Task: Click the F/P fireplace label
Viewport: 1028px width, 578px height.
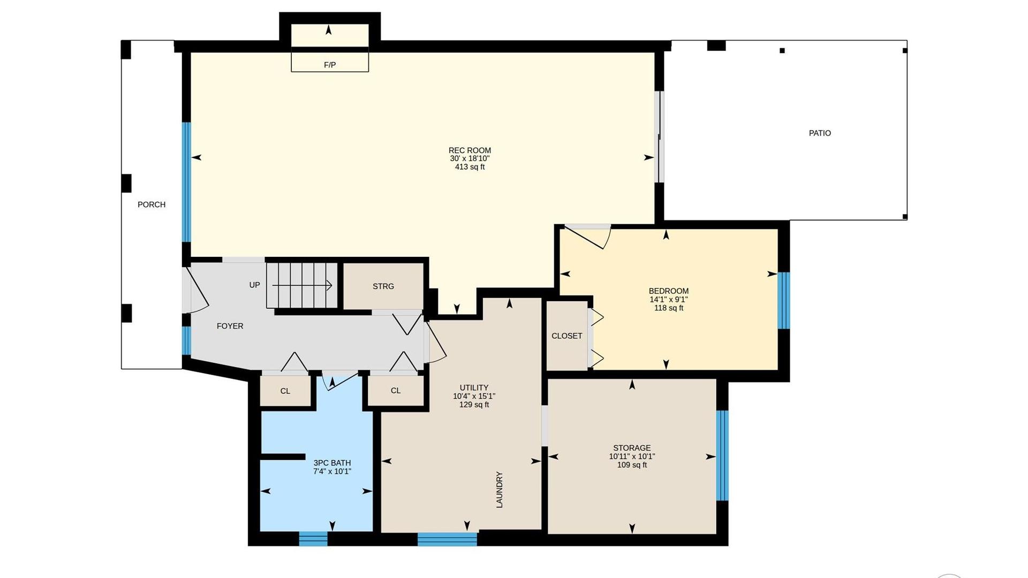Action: pos(330,65)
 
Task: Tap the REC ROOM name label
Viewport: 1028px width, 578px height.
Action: pos(470,150)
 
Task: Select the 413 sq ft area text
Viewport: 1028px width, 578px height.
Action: pos(470,167)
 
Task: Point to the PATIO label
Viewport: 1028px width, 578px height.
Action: pos(820,133)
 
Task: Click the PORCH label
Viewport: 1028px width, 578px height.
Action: pos(152,204)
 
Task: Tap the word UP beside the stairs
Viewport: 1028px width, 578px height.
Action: pos(254,285)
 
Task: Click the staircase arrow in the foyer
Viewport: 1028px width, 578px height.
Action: pos(303,285)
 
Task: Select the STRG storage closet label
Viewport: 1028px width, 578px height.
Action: pos(383,286)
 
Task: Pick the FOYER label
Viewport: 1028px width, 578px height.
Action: pos(230,326)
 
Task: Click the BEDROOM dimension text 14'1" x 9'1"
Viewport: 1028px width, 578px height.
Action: pos(669,300)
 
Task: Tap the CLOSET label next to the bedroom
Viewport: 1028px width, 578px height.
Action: pos(567,336)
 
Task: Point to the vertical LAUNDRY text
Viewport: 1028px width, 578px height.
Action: pos(500,489)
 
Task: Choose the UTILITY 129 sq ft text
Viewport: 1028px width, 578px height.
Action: pos(474,405)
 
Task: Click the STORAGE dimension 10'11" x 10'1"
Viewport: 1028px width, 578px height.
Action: pos(632,457)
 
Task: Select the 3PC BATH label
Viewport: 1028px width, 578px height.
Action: pos(332,463)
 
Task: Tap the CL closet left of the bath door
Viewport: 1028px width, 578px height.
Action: pos(285,391)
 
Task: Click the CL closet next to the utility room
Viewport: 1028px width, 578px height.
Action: pos(396,391)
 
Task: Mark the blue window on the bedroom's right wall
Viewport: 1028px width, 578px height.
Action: pos(783,300)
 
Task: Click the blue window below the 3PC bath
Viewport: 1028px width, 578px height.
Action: pos(313,538)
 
